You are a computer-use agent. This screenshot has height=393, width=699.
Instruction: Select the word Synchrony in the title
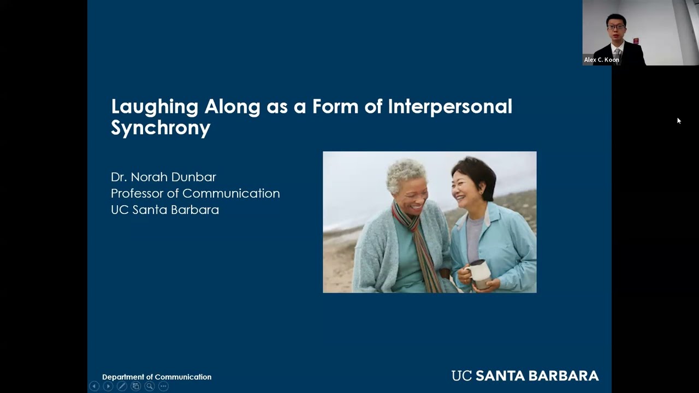click(161, 128)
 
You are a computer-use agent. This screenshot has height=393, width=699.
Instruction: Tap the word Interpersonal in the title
click(450, 107)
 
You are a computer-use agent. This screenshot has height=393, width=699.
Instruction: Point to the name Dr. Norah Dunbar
click(163, 177)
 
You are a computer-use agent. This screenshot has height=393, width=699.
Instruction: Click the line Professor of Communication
click(195, 193)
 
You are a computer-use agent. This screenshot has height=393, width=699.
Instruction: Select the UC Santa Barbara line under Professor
click(164, 210)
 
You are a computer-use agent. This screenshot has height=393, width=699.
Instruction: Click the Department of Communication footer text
click(157, 377)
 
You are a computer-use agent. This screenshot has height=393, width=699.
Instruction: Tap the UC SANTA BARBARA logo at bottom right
click(525, 376)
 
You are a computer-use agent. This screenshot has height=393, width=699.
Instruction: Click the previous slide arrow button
click(94, 386)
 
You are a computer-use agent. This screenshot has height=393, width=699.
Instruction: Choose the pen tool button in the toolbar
click(122, 386)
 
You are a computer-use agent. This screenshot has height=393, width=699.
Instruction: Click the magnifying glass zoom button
click(149, 386)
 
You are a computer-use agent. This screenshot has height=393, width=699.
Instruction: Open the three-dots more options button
click(163, 386)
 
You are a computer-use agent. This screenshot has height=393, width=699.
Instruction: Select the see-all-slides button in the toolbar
click(135, 386)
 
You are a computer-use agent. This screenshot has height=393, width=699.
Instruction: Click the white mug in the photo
click(479, 273)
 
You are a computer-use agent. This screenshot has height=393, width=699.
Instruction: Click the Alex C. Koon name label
click(601, 59)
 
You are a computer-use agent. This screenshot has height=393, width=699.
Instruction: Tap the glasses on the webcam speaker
click(615, 26)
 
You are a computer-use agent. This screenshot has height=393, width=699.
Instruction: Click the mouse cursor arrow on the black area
click(678, 120)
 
